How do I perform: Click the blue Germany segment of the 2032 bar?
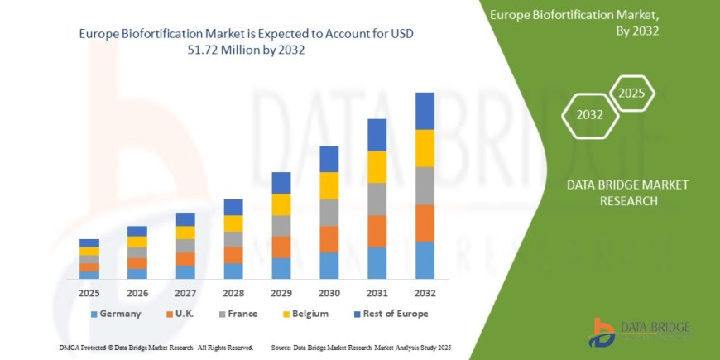coord(425,260)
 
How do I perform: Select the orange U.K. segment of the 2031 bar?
coord(377,231)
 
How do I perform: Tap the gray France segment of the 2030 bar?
coord(329,213)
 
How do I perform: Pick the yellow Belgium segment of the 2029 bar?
coord(281,204)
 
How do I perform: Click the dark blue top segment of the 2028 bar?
coord(233,207)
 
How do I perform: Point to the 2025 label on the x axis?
coord(89,293)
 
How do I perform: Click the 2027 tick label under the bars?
coord(185,293)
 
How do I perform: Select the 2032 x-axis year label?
coord(425,293)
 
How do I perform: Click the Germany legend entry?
coord(115,314)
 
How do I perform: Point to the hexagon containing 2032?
coord(590,115)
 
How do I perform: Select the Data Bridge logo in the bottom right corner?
coord(640,333)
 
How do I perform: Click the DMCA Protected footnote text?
coord(156,348)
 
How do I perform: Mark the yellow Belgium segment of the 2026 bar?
coord(137,242)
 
